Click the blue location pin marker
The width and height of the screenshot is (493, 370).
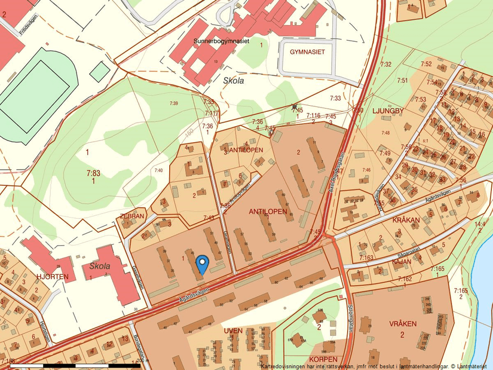[x=203, y=264]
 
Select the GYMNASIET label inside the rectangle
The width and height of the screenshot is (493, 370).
[x=307, y=52]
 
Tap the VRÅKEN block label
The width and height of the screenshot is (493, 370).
[x=402, y=323]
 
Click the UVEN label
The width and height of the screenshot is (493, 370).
[x=233, y=331]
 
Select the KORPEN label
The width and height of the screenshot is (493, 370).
[x=323, y=360]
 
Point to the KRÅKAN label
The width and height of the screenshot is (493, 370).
[x=406, y=220]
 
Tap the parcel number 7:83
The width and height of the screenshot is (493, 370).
[x=93, y=172]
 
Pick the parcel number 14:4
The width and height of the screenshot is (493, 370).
[x=480, y=224]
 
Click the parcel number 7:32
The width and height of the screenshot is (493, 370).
[x=386, y=64]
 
